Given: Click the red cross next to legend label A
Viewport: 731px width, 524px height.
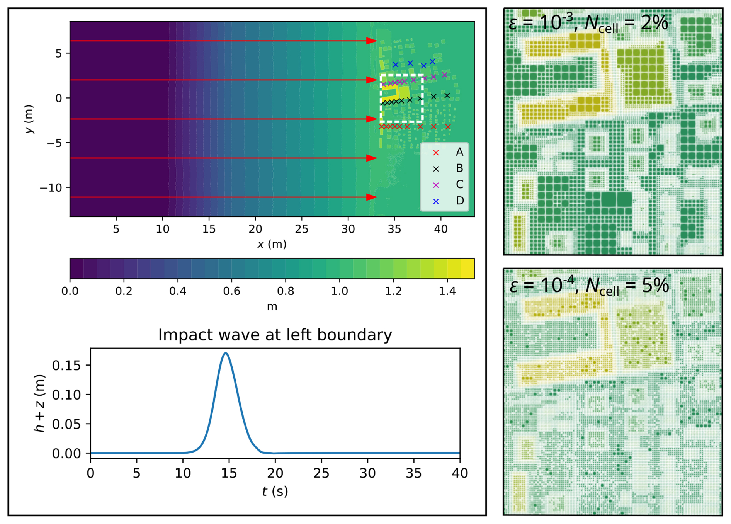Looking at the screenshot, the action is [x=436, y=153].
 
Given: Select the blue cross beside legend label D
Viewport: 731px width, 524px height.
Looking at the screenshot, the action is [x=436, y=201].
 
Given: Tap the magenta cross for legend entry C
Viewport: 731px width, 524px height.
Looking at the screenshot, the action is [x=436, y=185].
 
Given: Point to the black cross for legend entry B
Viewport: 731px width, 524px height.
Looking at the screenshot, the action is [x=436, y=169].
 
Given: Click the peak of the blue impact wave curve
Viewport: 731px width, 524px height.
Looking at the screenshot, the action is [x=226, y=353].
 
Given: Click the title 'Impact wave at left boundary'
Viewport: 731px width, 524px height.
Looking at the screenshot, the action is [x=275, y=335].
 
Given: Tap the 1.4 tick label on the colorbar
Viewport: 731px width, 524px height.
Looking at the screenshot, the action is [x=447, y=291].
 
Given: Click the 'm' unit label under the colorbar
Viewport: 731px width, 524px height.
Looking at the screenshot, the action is [x=272, y=307].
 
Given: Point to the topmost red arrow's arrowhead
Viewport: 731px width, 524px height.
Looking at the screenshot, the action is [x=372, y=41].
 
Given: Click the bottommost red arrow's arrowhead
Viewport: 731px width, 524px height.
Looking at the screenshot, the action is [x=372, y=197].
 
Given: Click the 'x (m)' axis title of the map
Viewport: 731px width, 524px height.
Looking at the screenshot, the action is [x=272, y=244].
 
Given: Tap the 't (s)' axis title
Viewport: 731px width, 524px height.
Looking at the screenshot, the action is [x=275, y=491].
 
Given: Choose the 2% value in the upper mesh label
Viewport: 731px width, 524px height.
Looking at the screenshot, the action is [x=654, y=23].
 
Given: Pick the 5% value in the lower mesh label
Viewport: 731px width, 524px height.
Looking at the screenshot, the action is [x=655, y=286].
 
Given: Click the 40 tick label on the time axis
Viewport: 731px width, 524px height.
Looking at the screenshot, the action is [x=460, y=473].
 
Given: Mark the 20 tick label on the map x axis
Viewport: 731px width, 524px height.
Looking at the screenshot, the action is [x=255, y=229].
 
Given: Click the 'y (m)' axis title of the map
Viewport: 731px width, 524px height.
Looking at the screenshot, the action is [x=30, y=119].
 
